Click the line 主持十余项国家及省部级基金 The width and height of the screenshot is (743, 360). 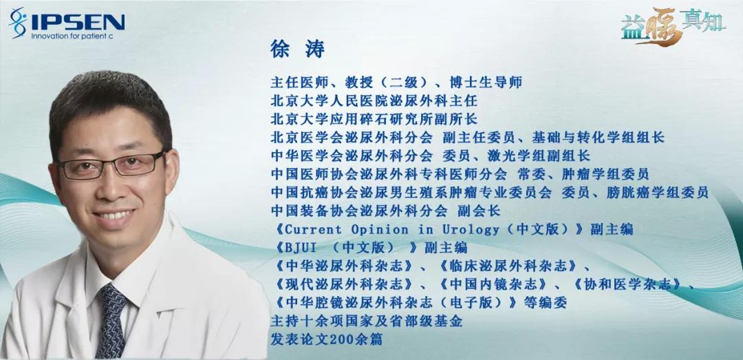coord(366,321)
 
